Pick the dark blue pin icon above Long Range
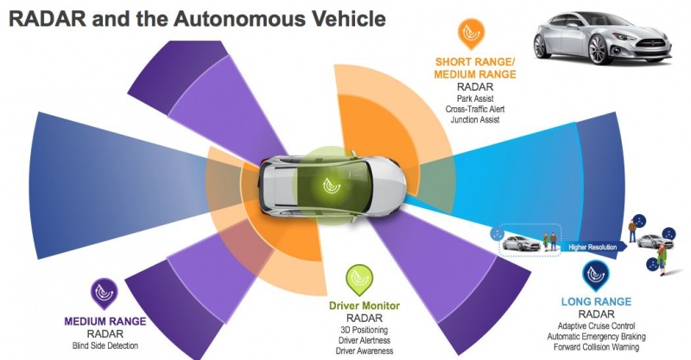594,274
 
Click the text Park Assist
475,98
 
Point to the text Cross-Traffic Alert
475,109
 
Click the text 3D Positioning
358,330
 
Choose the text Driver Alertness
358,340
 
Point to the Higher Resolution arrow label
593,248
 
